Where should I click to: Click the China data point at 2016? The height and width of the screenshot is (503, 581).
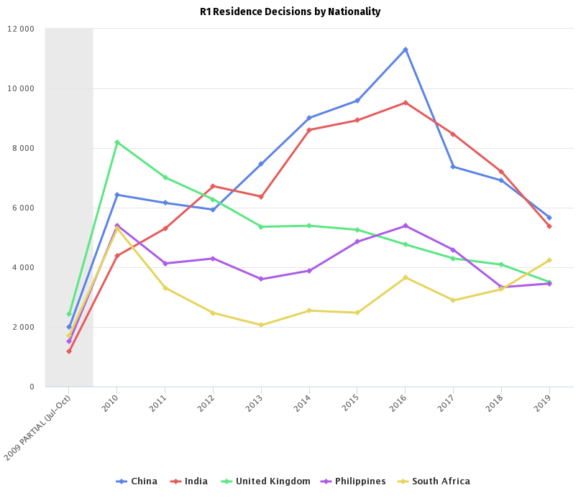coord(405,50)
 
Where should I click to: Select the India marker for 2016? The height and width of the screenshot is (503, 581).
coord(405,103)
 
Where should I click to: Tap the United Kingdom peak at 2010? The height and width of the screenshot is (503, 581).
coord(116,142)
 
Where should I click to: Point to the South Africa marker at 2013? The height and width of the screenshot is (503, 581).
coord(261,325)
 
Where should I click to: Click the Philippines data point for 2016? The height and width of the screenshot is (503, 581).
coord(405,226)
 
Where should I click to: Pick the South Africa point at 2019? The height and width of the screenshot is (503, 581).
coord(549,260)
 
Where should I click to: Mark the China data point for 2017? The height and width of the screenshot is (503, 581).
coord(453,167)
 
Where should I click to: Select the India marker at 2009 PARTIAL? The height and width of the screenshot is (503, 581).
coord(69,351)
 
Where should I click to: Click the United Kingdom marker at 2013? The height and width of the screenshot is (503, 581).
coord(261,226)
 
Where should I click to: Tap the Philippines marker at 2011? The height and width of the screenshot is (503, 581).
coord(165,264)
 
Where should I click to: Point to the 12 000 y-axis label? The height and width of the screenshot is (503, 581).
coord(21,29)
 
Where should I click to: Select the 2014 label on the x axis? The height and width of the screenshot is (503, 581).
coord(303,402)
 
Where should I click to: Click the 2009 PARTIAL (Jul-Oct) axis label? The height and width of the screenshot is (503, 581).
coord(39,428)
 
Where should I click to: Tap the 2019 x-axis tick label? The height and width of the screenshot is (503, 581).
coord(543,402)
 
